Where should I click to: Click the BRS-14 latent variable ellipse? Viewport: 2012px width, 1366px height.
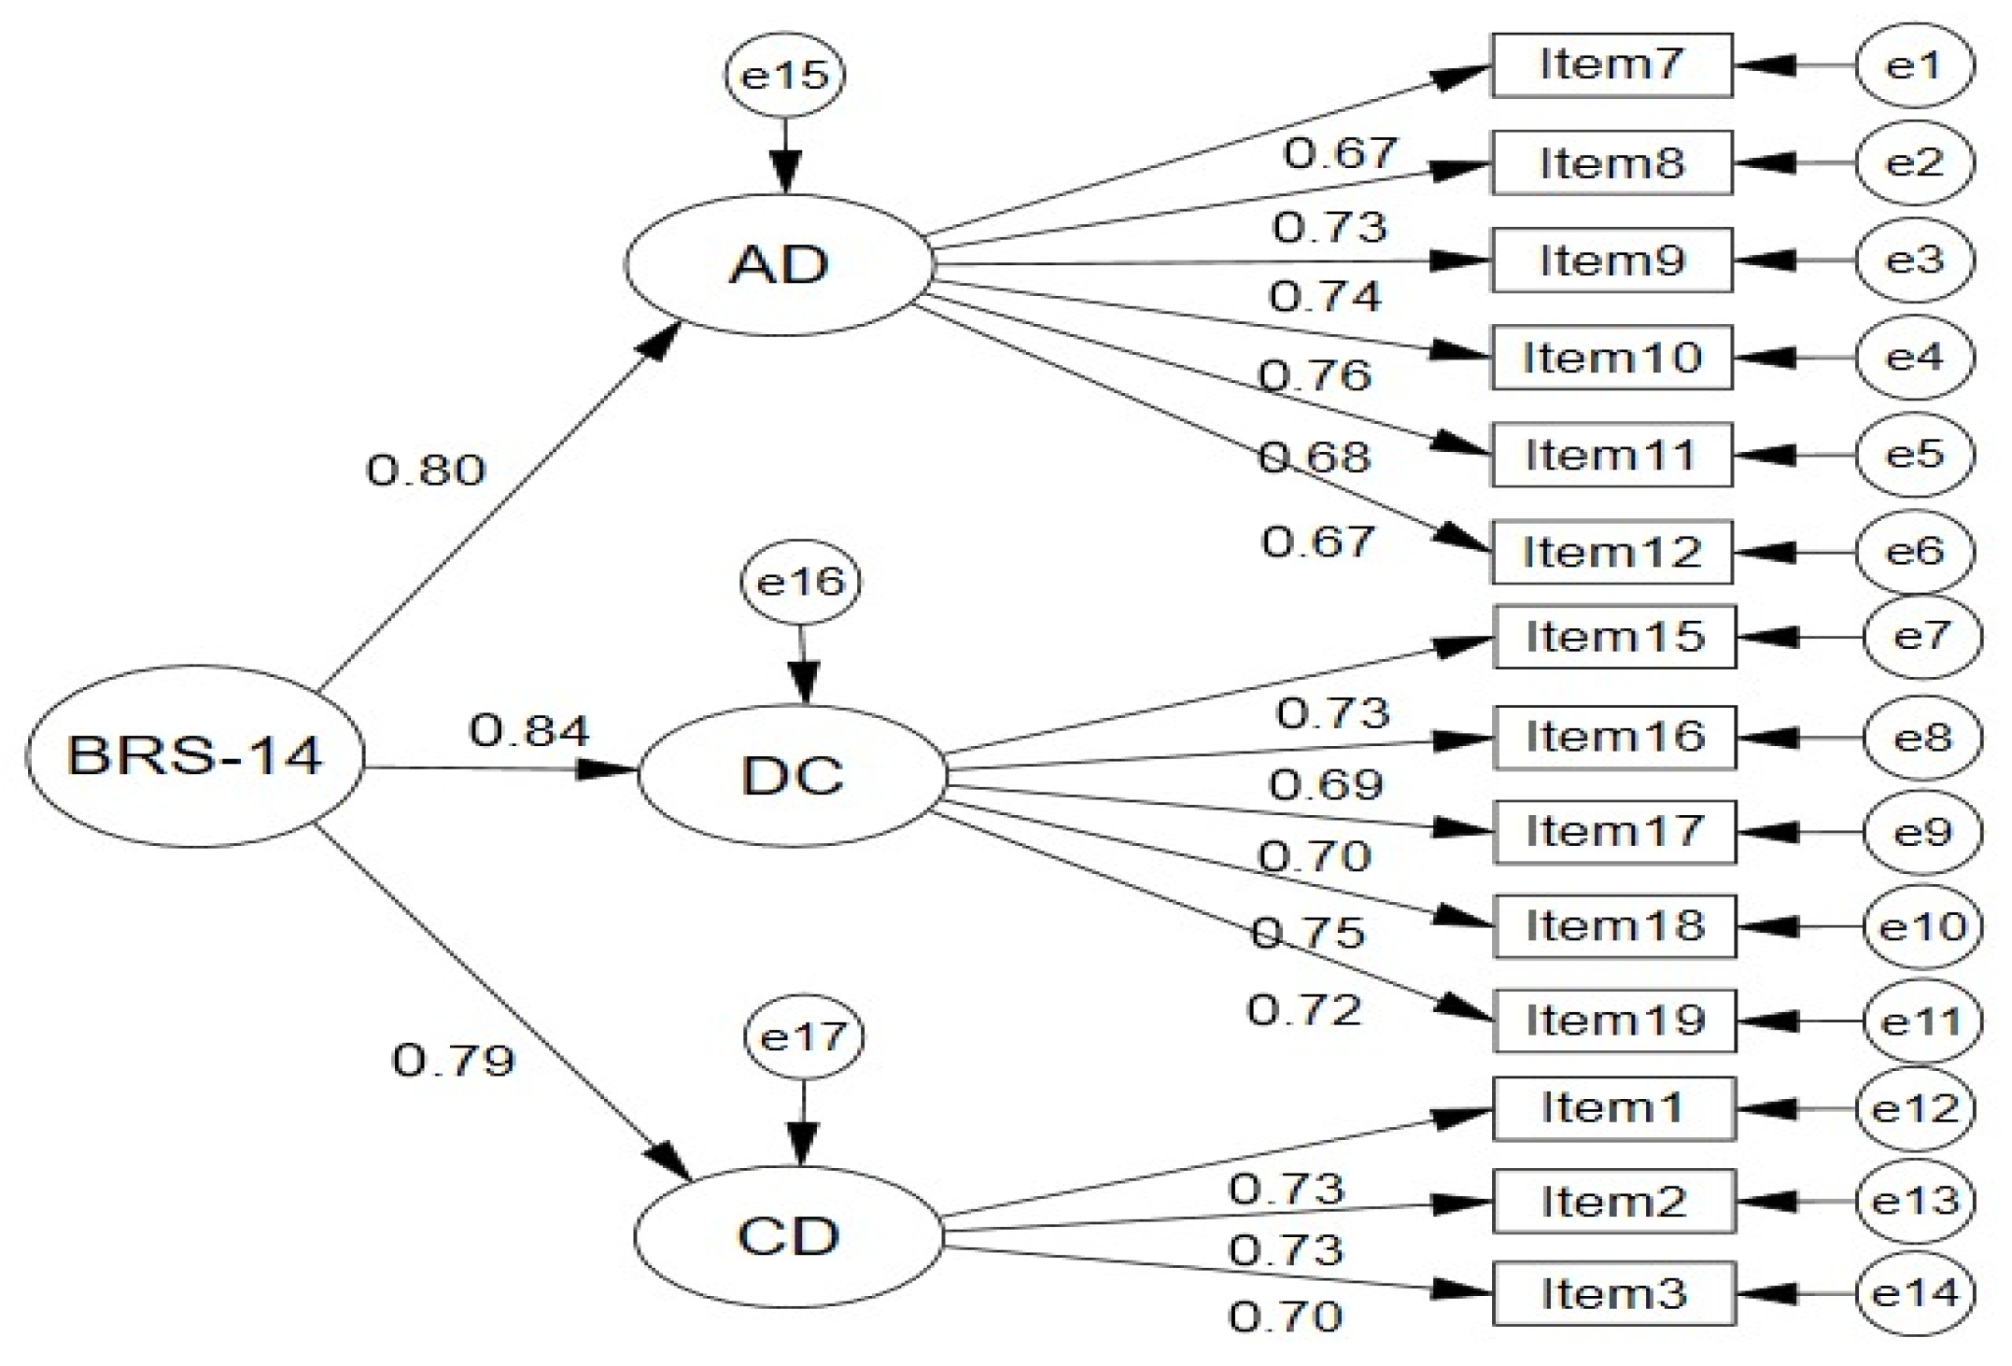194,755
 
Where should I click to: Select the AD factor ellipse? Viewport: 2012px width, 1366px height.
779,264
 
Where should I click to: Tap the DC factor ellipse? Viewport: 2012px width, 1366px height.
792,776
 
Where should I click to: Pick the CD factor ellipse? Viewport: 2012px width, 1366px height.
789,1236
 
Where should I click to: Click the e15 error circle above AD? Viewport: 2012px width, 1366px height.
784,75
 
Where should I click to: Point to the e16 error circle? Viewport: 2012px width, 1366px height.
800,583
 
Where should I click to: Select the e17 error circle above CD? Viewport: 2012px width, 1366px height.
803,1037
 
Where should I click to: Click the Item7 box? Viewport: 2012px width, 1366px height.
1611,65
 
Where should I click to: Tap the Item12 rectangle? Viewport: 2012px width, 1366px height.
1611,552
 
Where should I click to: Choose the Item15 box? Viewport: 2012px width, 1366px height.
1614,637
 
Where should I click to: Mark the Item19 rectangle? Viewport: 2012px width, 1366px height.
1614,1021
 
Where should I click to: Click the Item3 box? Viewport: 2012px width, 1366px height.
1614,1294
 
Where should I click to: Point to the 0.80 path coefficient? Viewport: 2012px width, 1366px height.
426,470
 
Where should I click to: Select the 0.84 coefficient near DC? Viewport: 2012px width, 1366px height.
529,730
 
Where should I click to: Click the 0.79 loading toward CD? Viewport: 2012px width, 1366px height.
453,1061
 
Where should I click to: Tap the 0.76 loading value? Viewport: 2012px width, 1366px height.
1315,375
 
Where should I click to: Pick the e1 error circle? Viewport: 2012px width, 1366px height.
1914,65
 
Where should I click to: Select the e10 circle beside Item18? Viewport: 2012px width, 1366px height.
1921,927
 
